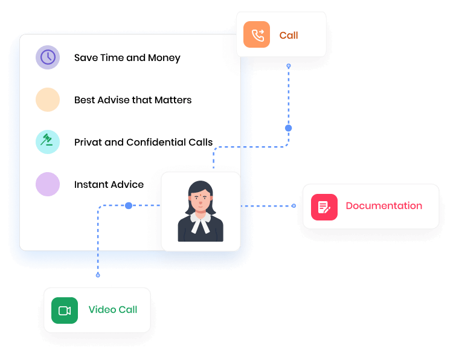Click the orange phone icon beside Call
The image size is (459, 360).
257,35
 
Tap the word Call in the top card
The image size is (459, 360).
289,35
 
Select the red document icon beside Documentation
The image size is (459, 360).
324,207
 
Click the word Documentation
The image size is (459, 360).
384,206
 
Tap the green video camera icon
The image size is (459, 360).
65,310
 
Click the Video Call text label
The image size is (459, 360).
113,310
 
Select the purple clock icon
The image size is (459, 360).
48,57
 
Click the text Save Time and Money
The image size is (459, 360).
127,58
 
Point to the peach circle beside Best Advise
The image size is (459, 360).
48,100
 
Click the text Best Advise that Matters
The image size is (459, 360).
132,100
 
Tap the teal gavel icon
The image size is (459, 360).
48,142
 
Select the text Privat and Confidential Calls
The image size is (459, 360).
143,143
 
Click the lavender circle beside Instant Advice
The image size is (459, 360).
48,184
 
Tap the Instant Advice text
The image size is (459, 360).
109,185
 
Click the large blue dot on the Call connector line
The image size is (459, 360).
288,128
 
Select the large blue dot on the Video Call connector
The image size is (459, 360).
129,206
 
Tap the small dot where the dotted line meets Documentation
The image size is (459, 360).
294,206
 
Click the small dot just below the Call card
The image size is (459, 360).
289,65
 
